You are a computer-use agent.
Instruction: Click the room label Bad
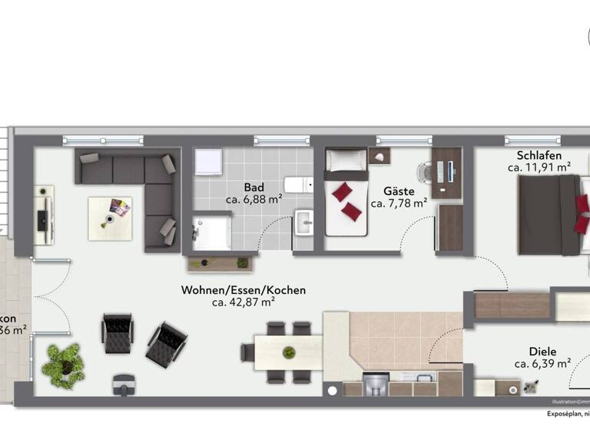tap(254, 187)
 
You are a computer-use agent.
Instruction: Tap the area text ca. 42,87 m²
tap(244, 303)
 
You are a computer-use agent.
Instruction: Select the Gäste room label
tap(399, 191)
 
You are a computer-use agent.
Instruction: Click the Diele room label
tap(542, 351)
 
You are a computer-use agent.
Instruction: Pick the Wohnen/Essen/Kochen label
tap(244, 290)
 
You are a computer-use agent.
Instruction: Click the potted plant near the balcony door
tap(63, 364)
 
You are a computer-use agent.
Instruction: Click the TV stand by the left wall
tap(44, 216)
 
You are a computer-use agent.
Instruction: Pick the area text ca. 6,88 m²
tap(254, 200)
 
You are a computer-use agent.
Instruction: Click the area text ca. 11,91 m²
tap(539, 167)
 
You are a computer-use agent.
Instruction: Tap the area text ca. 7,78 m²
tap(399, 203)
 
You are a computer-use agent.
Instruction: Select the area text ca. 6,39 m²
tap(542, 364)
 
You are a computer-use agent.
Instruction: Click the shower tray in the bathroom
tap(211, 231)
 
